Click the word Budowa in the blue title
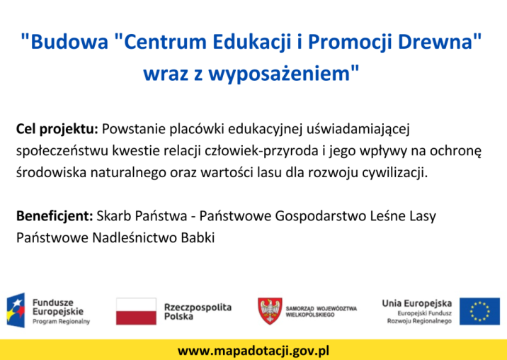pos(64,42)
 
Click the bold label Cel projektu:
pos(57,130)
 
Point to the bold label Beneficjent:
pos(55,216)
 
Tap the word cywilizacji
pos(394,173)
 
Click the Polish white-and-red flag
pos(136,311)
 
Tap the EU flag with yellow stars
pos(480,311)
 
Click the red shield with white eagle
pos(270,311)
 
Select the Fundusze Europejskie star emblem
pos(16,310)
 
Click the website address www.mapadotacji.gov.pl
pos(253,351)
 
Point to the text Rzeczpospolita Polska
pos(198,311)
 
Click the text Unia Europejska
pos(417,303)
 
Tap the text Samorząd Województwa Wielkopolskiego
pos(321,311)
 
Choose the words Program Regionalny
pos(61,322)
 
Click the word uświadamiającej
pos(358,130)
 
